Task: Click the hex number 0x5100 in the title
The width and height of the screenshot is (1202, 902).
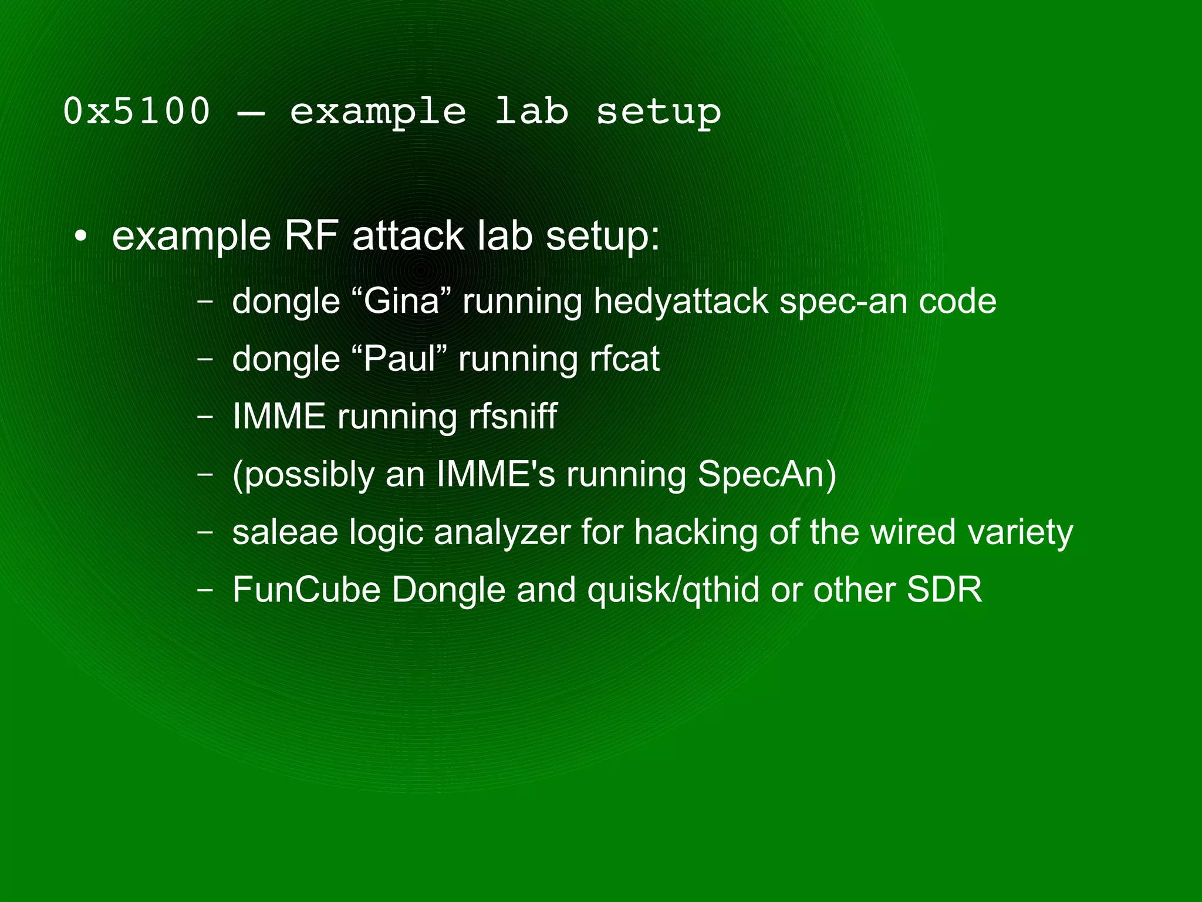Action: (136, 111)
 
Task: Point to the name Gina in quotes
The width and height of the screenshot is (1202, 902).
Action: (401, 301)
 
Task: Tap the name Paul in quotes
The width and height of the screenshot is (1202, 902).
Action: (399, 359)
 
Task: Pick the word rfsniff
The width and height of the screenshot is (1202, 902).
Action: (512, 417)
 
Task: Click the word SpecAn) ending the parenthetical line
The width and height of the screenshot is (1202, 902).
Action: (767, 474)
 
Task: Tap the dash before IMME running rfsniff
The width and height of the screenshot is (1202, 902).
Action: (205, 417)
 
